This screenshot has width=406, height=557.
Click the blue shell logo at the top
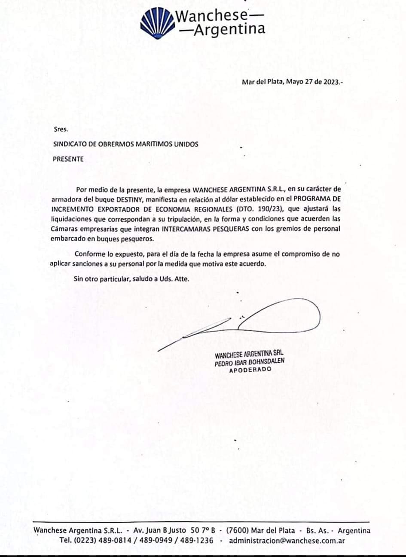tap(157, 24)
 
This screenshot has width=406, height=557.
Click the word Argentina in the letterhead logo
tap(229, 29)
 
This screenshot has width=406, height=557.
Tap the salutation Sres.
tap(61, 129)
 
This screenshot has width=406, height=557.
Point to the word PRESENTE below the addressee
tap(68, 159)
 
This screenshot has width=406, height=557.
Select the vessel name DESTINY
tap(129, 199)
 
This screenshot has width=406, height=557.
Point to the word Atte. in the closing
tap(181, 278)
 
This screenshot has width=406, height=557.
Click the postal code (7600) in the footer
tap(238, 530)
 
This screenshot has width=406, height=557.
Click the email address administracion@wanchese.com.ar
tap(287, 540)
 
